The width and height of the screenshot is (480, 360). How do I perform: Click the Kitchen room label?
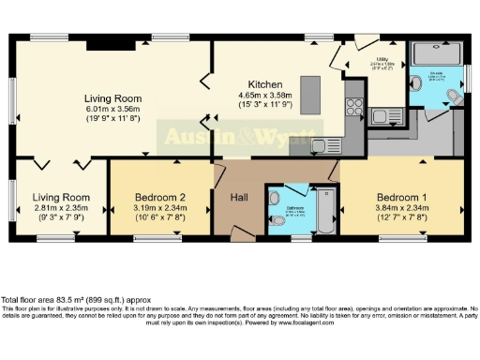pyautogui.click(x=260, y=83)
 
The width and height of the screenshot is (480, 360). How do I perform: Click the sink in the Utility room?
pyautogui.click(x=383, y=115)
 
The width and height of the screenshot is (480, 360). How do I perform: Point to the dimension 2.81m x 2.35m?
pyautogui.click(x=61, y=207)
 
